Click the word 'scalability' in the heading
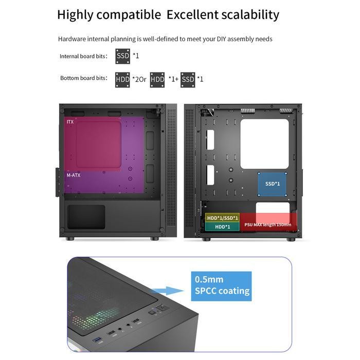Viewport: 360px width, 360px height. tap(251, 14)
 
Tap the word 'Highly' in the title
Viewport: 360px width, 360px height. tap(75, 14)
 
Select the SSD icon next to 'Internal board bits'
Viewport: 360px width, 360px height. tap(123, 56)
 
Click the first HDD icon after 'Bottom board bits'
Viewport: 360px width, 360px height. tap(123, 79)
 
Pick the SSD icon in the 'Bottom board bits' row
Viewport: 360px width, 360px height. tap(188, 79)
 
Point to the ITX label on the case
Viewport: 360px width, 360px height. tap(70, 122)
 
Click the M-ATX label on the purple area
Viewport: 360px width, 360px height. tap(74, 175)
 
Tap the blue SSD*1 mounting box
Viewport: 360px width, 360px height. tap(272, 184)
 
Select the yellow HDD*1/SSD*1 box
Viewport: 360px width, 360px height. tap(222, 218)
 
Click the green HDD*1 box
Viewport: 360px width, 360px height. tap(222, 226)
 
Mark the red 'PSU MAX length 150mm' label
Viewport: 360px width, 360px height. tap(268, 225)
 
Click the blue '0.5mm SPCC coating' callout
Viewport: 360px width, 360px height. tap(221, 286)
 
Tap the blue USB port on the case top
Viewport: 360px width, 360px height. tap(100, 341)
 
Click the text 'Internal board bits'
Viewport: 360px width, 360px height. tap(83, 56)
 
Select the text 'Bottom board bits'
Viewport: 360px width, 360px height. tap(83, 78)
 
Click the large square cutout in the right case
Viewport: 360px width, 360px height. tap(264, 145)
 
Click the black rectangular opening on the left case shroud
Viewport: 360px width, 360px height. tap(86, 217)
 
